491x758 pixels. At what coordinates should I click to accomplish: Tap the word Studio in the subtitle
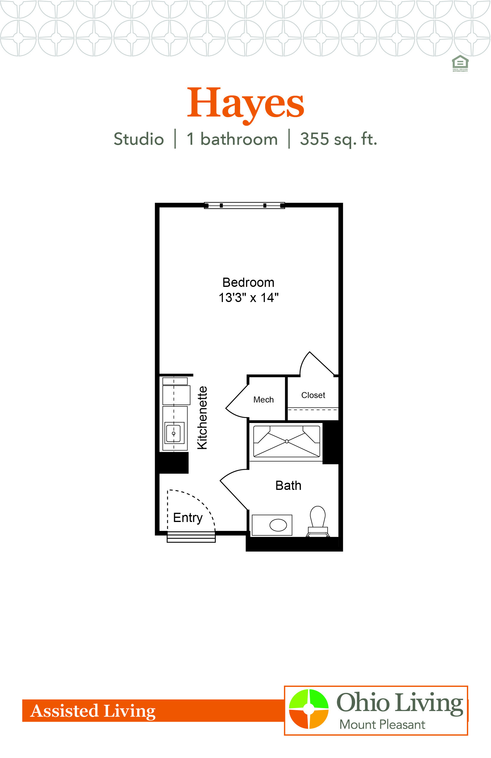coord(139,139)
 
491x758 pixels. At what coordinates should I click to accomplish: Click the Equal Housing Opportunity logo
coord(460,63)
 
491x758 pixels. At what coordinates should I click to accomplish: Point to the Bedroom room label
coord(248,282)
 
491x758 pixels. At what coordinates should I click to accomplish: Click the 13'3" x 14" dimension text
coord(248,298)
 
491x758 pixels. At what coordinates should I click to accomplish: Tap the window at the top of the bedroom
coord(244,205)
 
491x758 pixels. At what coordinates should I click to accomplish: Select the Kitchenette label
coord(202,418)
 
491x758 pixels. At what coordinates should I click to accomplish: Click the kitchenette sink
coord(174,433)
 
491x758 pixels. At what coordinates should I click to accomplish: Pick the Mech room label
coord(263,400)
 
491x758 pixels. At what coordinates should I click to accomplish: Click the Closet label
coord(313,395)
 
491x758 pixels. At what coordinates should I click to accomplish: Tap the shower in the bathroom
coord(287,441)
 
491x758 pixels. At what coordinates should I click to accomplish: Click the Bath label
coord(288,486)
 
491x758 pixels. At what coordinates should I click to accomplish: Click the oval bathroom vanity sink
coord(278,525)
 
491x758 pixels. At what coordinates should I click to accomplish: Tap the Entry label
coord(188,518)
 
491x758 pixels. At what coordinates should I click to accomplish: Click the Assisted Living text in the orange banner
coord(93,711)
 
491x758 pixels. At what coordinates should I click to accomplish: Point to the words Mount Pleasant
coord(382,725)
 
